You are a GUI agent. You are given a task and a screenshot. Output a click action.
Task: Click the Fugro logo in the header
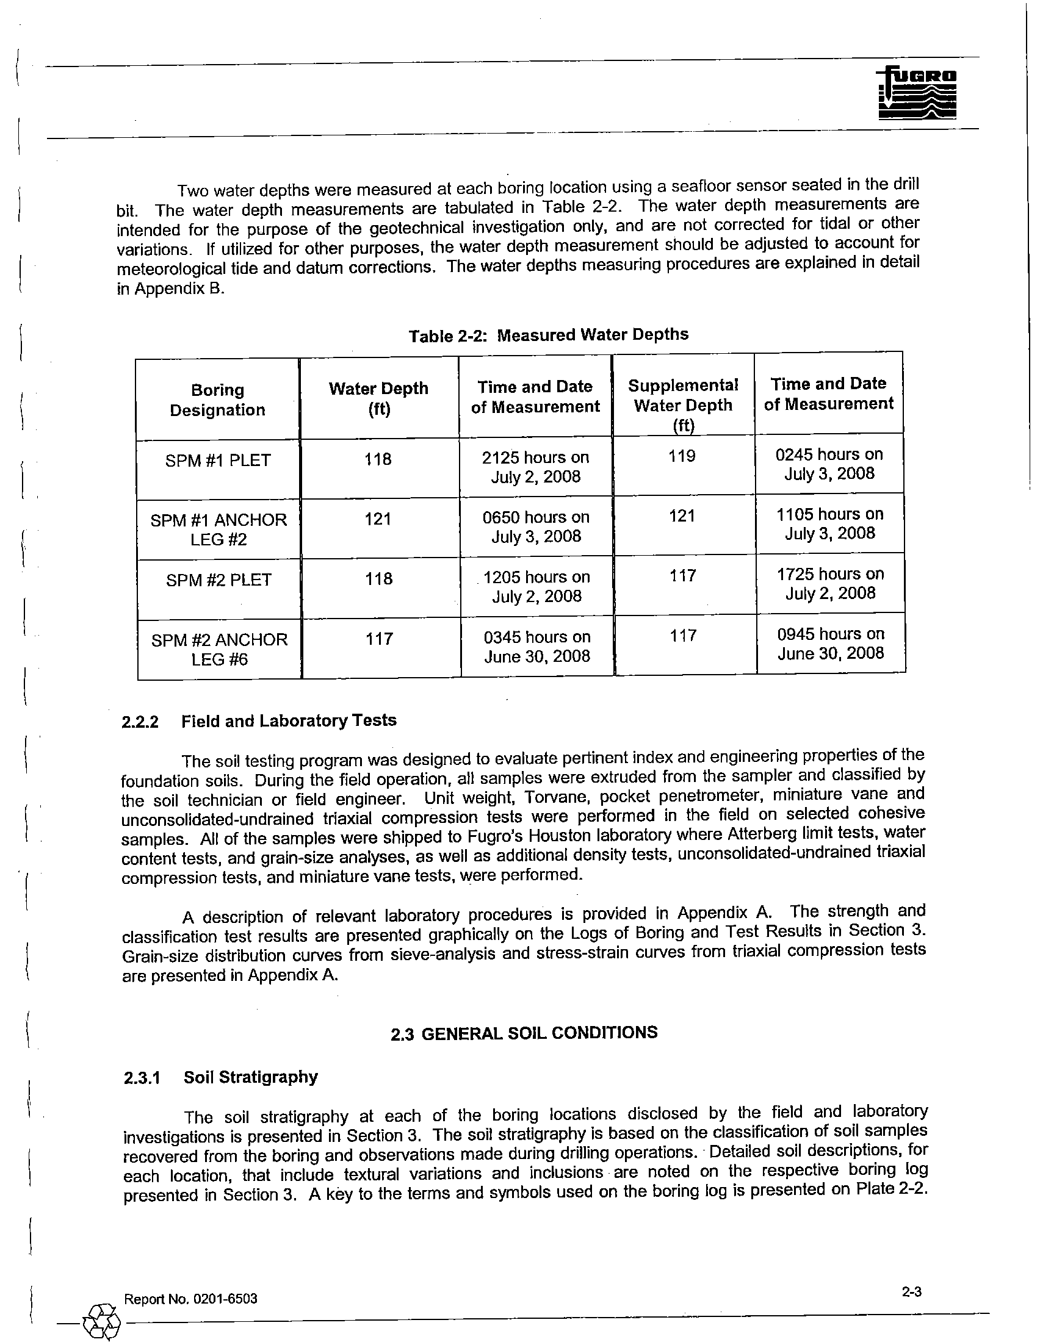pos(917,93)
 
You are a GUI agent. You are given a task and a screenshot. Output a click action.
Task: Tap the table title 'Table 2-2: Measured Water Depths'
pos(548,335)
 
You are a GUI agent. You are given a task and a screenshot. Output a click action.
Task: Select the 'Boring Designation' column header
pos(218,400)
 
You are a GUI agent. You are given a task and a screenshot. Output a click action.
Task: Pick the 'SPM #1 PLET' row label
pos(218,461)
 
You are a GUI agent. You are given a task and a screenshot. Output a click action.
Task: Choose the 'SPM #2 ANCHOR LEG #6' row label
pos(220,650)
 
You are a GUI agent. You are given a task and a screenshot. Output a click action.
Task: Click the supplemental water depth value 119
pos(682,456)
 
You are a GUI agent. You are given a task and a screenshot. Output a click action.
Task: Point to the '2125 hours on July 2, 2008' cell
pos(535,467)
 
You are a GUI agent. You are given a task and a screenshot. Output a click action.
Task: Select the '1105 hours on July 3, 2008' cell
pos(829,523)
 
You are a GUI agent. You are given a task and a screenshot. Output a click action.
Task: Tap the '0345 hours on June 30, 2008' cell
pos(536,647)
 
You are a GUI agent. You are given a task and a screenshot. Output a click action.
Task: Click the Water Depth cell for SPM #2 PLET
pos(378,579)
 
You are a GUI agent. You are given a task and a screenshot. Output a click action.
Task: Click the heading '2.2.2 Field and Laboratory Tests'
pos(259,721)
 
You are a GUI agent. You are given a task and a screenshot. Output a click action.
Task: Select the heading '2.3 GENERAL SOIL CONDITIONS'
pos(524,1033)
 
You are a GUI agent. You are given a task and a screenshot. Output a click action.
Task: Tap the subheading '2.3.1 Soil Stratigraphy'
pos(221,1078)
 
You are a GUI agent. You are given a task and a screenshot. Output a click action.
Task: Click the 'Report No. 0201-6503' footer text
pos(190,1299)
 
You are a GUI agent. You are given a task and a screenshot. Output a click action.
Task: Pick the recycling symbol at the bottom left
pos(101,1322)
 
